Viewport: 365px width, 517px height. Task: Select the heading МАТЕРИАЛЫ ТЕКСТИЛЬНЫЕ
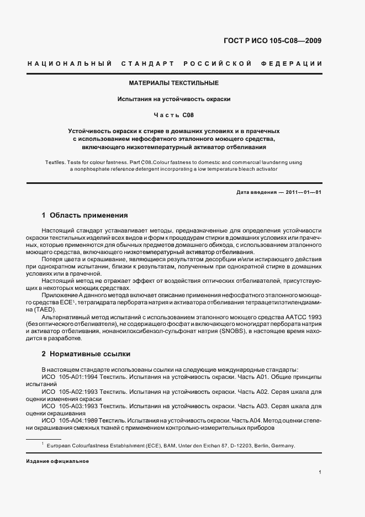tap(174, 83)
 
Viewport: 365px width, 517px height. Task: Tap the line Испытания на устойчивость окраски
tap(173, 99)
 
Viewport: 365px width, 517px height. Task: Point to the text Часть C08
tap(173, 115)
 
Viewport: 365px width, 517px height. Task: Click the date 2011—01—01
tap(301, 192)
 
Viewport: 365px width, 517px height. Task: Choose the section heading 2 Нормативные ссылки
tap(86, 354)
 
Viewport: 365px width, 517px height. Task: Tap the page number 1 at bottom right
tap(320, 472)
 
